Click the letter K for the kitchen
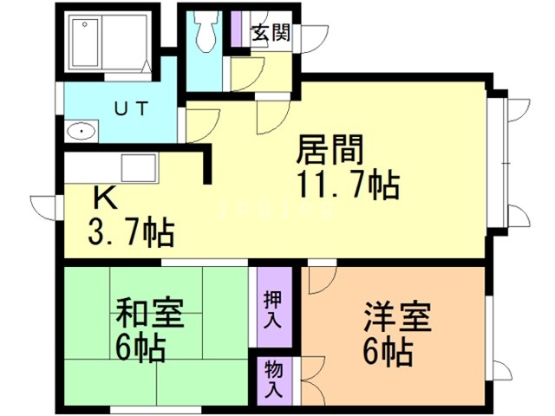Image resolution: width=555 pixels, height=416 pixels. pyautogui.click(x=105, y=199)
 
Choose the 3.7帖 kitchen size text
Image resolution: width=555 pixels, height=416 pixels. pyautogui.click(x=129, y=232)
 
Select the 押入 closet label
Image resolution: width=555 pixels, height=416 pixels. pyautogui.click(x=273, y=308)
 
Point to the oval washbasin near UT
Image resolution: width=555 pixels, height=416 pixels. pyautogui.click(x=81, y=133)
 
